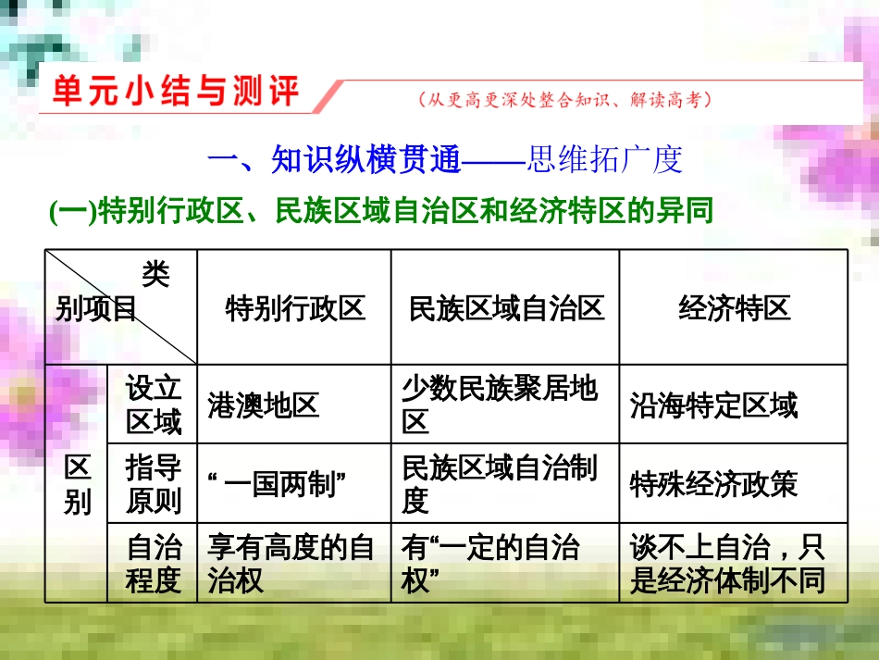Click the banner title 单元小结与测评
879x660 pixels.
[176, 93]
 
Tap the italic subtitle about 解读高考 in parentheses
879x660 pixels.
[564, 100]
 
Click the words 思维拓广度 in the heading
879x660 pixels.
[604, 160]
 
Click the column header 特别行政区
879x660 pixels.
[295, 308]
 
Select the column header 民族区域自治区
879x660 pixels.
[506, 308]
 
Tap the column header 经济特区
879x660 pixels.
[735, 308]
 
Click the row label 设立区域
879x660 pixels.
[154, 405]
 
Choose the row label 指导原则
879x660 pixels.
[154, 484]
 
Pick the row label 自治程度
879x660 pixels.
[154, 564]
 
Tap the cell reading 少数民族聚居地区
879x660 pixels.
[500, 405]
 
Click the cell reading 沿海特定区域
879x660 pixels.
[713, 405]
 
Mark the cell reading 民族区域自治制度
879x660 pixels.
[500, 484]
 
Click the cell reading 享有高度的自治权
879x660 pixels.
[291, 564]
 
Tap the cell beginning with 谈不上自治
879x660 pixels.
[726, 564]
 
